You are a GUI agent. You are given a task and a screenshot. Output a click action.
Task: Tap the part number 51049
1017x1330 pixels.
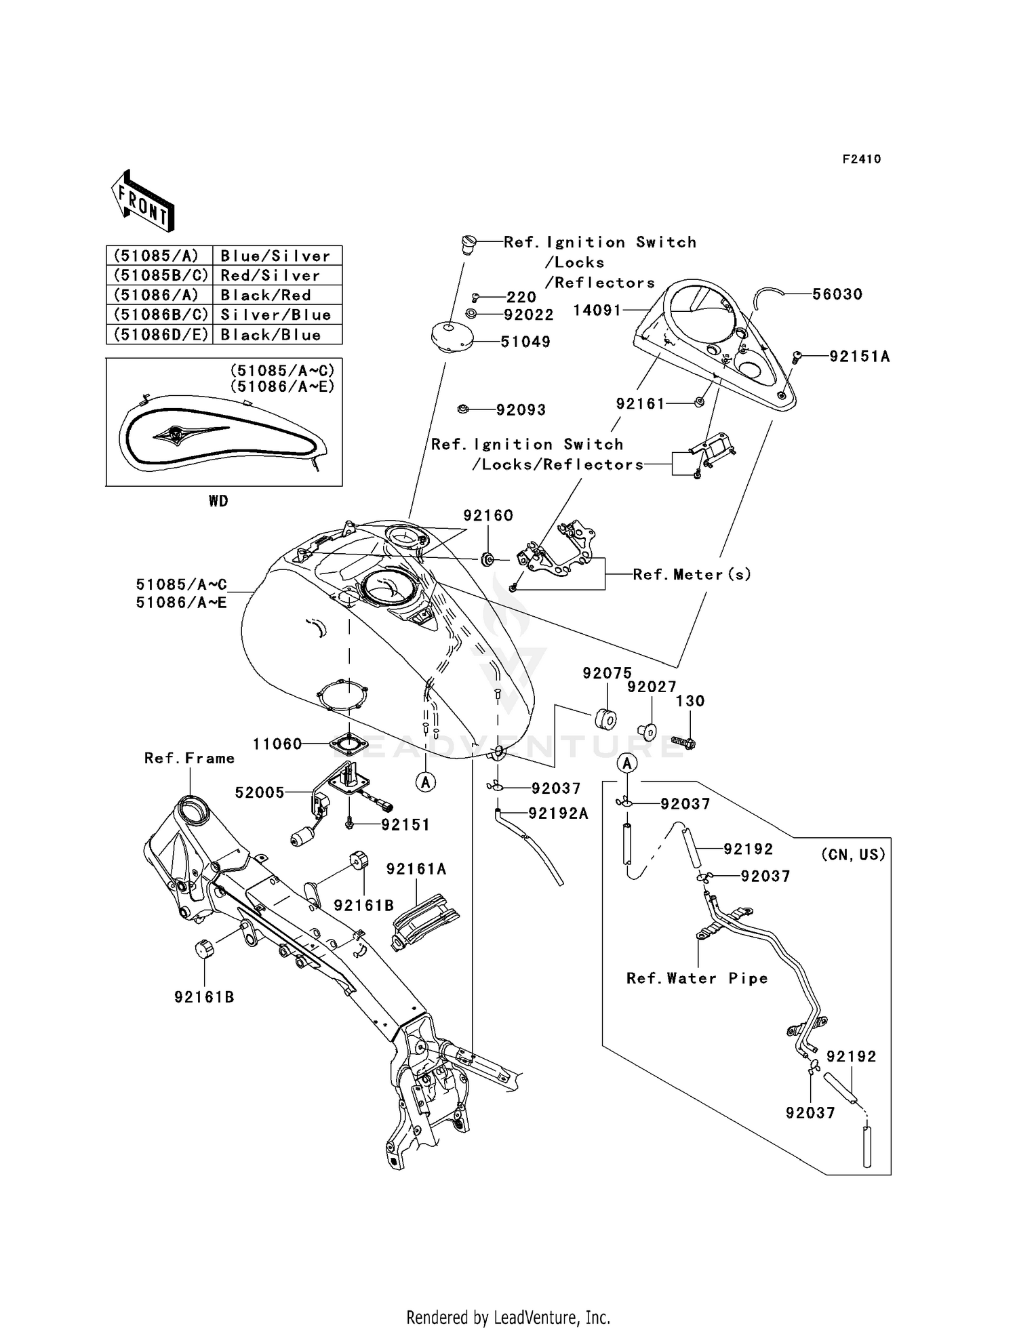click(x=525, y=342)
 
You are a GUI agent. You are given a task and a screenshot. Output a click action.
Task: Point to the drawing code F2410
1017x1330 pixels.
click(x=862, y=159)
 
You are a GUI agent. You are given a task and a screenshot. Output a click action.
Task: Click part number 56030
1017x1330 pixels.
click(x=838, y=294)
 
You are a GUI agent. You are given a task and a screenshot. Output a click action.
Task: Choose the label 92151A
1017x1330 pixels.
click(x=860, y=356)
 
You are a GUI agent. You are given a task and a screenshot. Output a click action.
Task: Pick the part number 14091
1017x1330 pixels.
click(x=597, y=310)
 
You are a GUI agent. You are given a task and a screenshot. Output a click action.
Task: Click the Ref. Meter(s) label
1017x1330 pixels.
click(x=692, y=574)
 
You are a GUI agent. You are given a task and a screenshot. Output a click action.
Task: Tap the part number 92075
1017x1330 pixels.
click(x=607, y=672)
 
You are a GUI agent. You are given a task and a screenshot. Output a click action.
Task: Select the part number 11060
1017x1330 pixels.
click(x=277, y=744)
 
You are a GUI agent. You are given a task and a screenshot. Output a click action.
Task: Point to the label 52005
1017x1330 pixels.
click(x=260, y=792)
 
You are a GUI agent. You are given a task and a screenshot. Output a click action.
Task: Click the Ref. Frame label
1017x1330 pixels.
click(x=189, y=758)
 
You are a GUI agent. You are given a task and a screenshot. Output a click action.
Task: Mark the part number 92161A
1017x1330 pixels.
click(x=416, y=868)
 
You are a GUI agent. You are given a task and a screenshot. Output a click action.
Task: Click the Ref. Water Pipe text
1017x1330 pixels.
click(x=697, y=978)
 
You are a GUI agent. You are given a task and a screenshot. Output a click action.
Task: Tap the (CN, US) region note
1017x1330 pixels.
click(x=853, y=854)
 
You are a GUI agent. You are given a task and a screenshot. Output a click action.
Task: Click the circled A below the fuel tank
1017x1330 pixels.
click(x=426, y=782)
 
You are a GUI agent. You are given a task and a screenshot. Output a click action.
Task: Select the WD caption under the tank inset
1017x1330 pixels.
click(x=218, y=501)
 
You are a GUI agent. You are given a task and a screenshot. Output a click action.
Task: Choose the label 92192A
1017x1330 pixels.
click(x=559, y=813)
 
